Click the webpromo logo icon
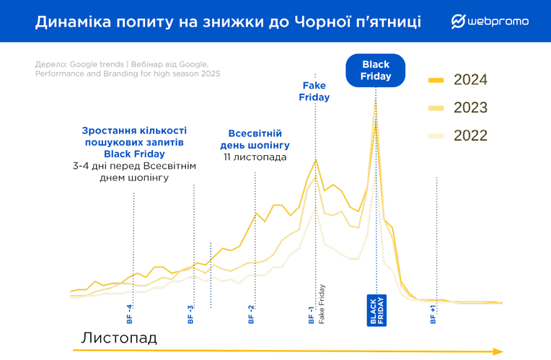click(458, 22)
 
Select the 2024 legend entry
click(457, 80)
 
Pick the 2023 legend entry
click(457, 107)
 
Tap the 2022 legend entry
click(457, 136)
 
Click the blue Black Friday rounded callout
click(375, 70)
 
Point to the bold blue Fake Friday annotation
click(314, 91)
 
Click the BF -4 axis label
click(129, 314)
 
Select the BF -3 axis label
click(190, 314)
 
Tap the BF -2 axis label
click(251, 314)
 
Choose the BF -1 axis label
click(311, 315)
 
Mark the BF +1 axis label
click(433, 314)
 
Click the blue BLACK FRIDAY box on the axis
click(376, 310)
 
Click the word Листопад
click(119, 338)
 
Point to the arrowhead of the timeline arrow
click(498, 351)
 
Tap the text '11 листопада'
click(255, 157)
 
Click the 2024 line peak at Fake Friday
click(316, 159)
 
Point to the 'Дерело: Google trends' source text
click(79, 64)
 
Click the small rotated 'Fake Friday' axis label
click(322, 304)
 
